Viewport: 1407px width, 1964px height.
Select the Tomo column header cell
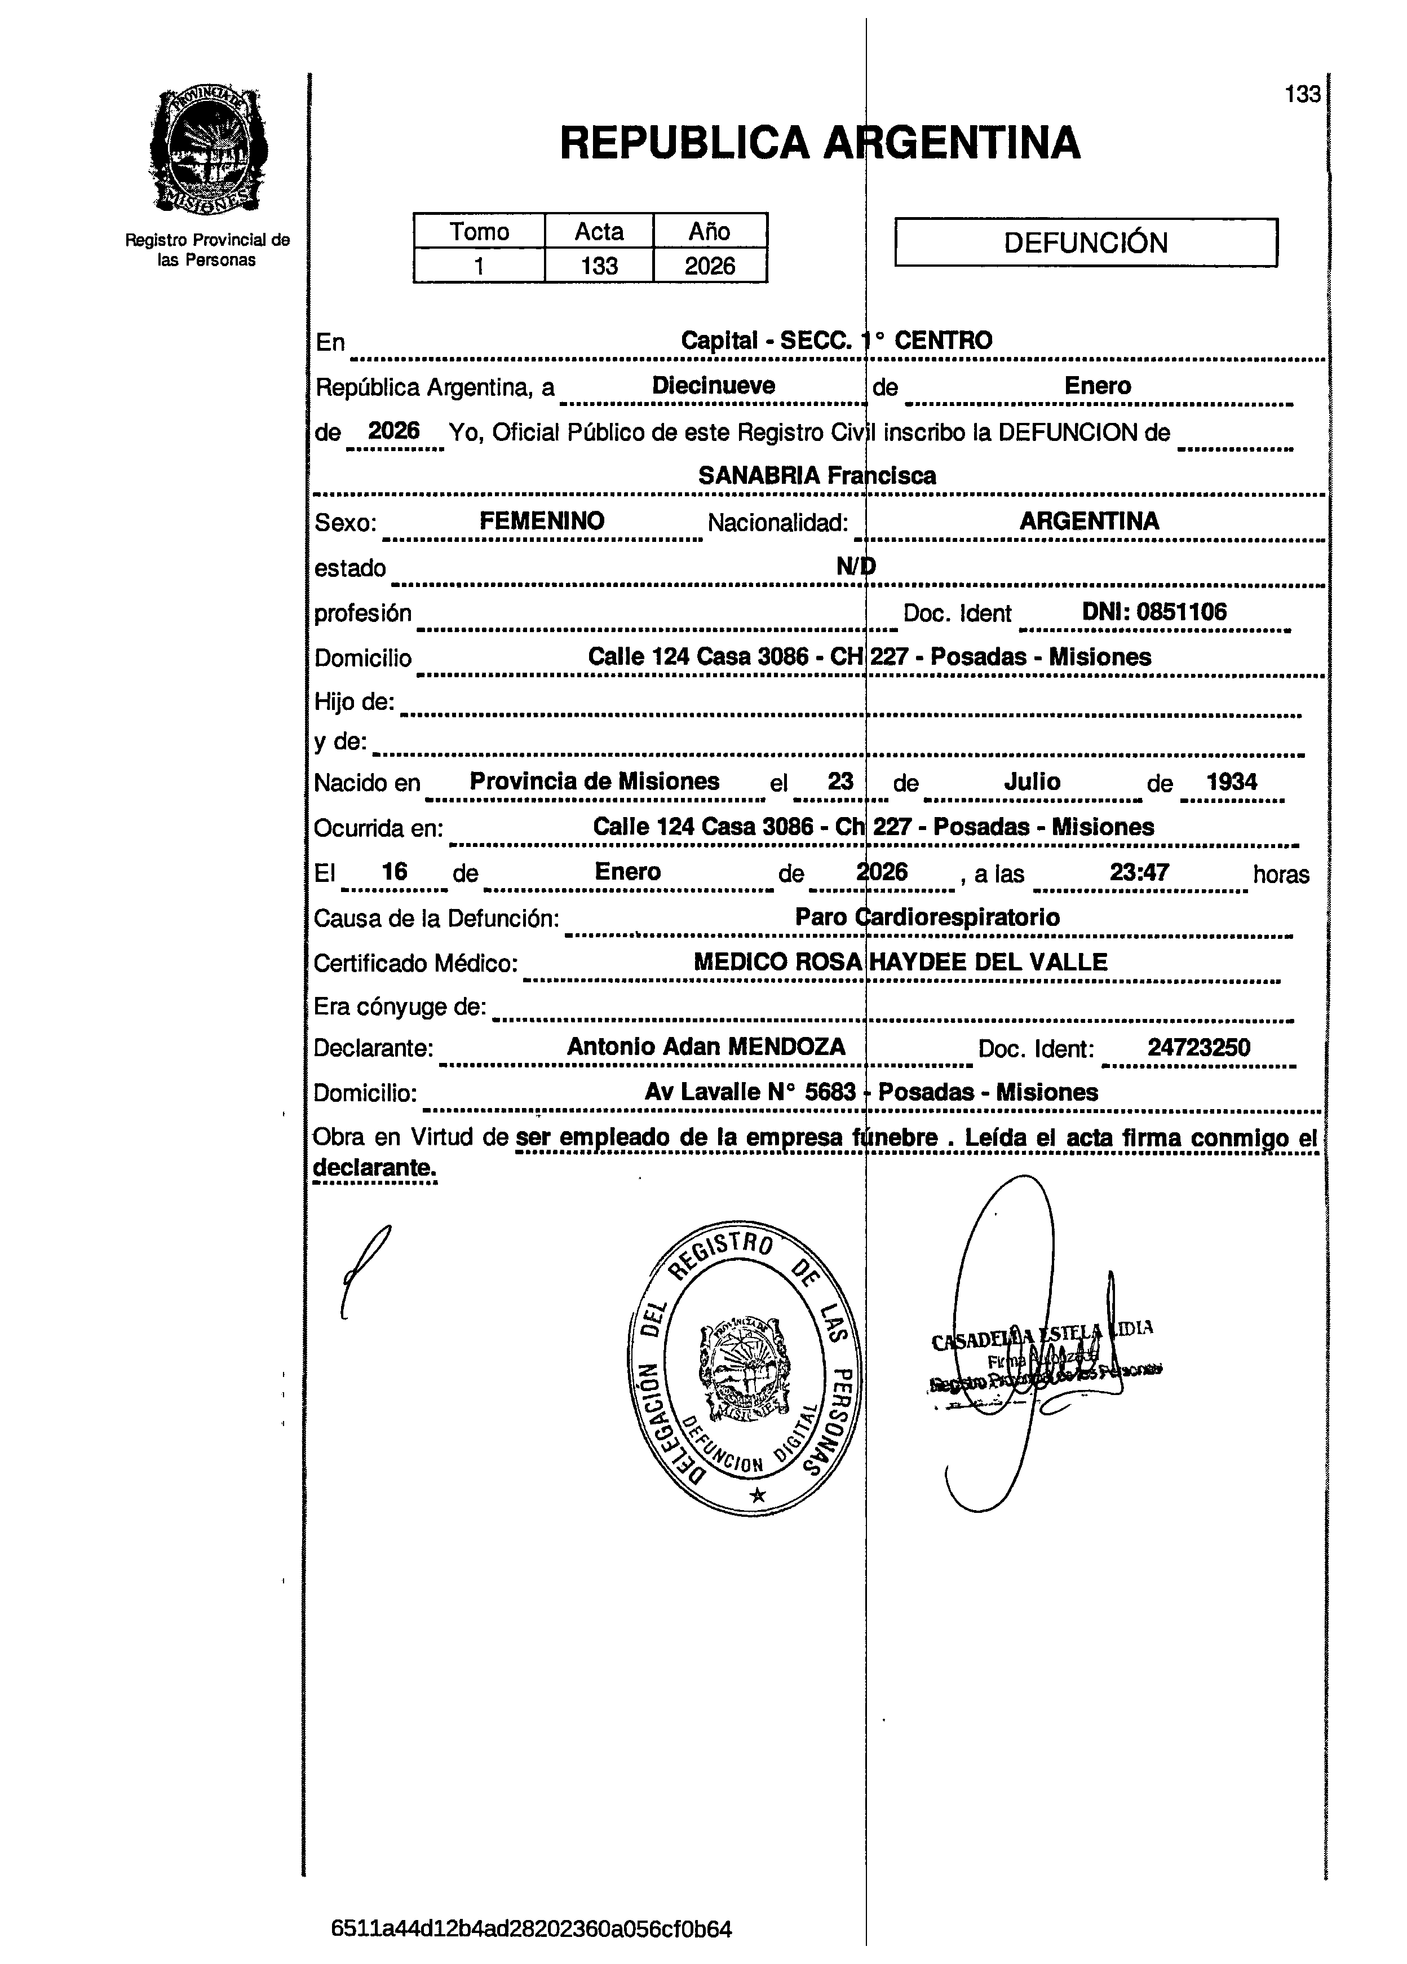[x=479, y=231]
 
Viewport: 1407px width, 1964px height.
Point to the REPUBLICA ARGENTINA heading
[x=819, y=143]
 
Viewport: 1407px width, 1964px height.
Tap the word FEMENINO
[x=542, y=521]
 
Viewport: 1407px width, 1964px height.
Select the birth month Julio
[x=1032, y=782]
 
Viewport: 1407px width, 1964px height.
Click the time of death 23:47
[x=1139, y=872]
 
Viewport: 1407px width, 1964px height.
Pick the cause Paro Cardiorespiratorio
[x=927, y=917]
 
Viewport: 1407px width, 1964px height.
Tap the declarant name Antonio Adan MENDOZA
[x=706, y=1047]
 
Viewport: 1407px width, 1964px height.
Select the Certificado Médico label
[x=415, y=963]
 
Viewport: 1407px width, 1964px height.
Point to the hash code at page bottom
[x=532, y=1930]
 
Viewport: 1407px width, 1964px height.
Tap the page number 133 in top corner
[x=1302, y=94]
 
